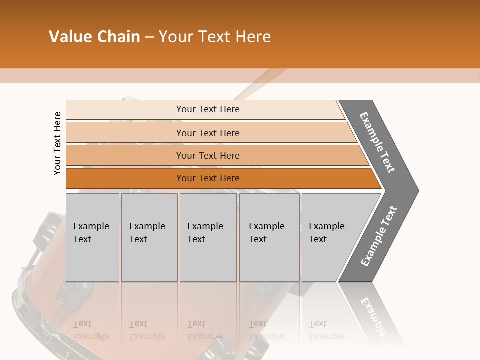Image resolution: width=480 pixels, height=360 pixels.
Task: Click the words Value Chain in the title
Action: click(x=94, y=36)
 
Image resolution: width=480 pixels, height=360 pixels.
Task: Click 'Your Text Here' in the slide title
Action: click(x=215, y=36)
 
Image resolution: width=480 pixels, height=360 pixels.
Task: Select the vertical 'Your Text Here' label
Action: click(x=57, y=143)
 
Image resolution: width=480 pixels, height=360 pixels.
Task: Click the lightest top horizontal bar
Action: click(x=207, y=109)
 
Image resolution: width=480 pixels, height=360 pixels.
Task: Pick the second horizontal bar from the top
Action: click(x=207, y=133)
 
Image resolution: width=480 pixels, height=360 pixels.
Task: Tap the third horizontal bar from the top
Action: click(x=207, y=155)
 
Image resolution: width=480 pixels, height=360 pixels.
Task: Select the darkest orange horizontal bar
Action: click(x=207, y=178)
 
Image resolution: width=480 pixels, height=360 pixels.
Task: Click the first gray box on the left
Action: click(x=92, y=237)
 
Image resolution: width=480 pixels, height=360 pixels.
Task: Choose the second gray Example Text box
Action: click(x=149, y=237)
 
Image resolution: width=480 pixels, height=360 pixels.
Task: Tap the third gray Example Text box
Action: click(x=208, y=237)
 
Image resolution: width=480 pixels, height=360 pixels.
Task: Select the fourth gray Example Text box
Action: click(x=269, y=237)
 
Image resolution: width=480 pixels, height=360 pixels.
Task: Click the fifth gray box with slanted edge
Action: click(x=332, y=237)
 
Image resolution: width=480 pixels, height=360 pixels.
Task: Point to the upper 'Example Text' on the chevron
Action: click(x=377, y=142)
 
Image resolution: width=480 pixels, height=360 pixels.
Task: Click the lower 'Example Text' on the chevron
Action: click(x=378, y=236)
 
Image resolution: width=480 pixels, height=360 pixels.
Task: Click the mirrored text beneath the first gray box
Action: click(x=91, y=330)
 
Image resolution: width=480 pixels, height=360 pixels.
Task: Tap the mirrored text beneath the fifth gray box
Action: click(x=326, y=330)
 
